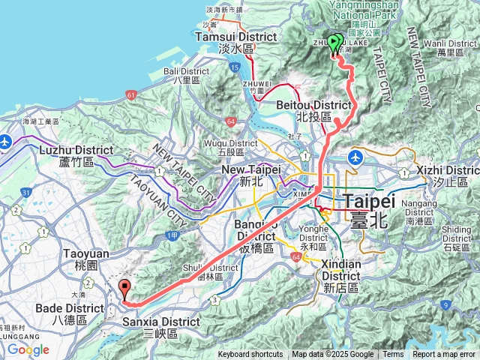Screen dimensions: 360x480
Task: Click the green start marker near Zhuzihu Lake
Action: pos(334,43)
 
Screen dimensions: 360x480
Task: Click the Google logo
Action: pos(28,349)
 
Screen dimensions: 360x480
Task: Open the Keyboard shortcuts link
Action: pos(250,355)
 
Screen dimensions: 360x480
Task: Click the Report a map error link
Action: pos(444,355)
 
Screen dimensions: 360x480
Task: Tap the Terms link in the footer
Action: pos(393,355)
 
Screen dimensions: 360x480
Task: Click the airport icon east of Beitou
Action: pos(355,157)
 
